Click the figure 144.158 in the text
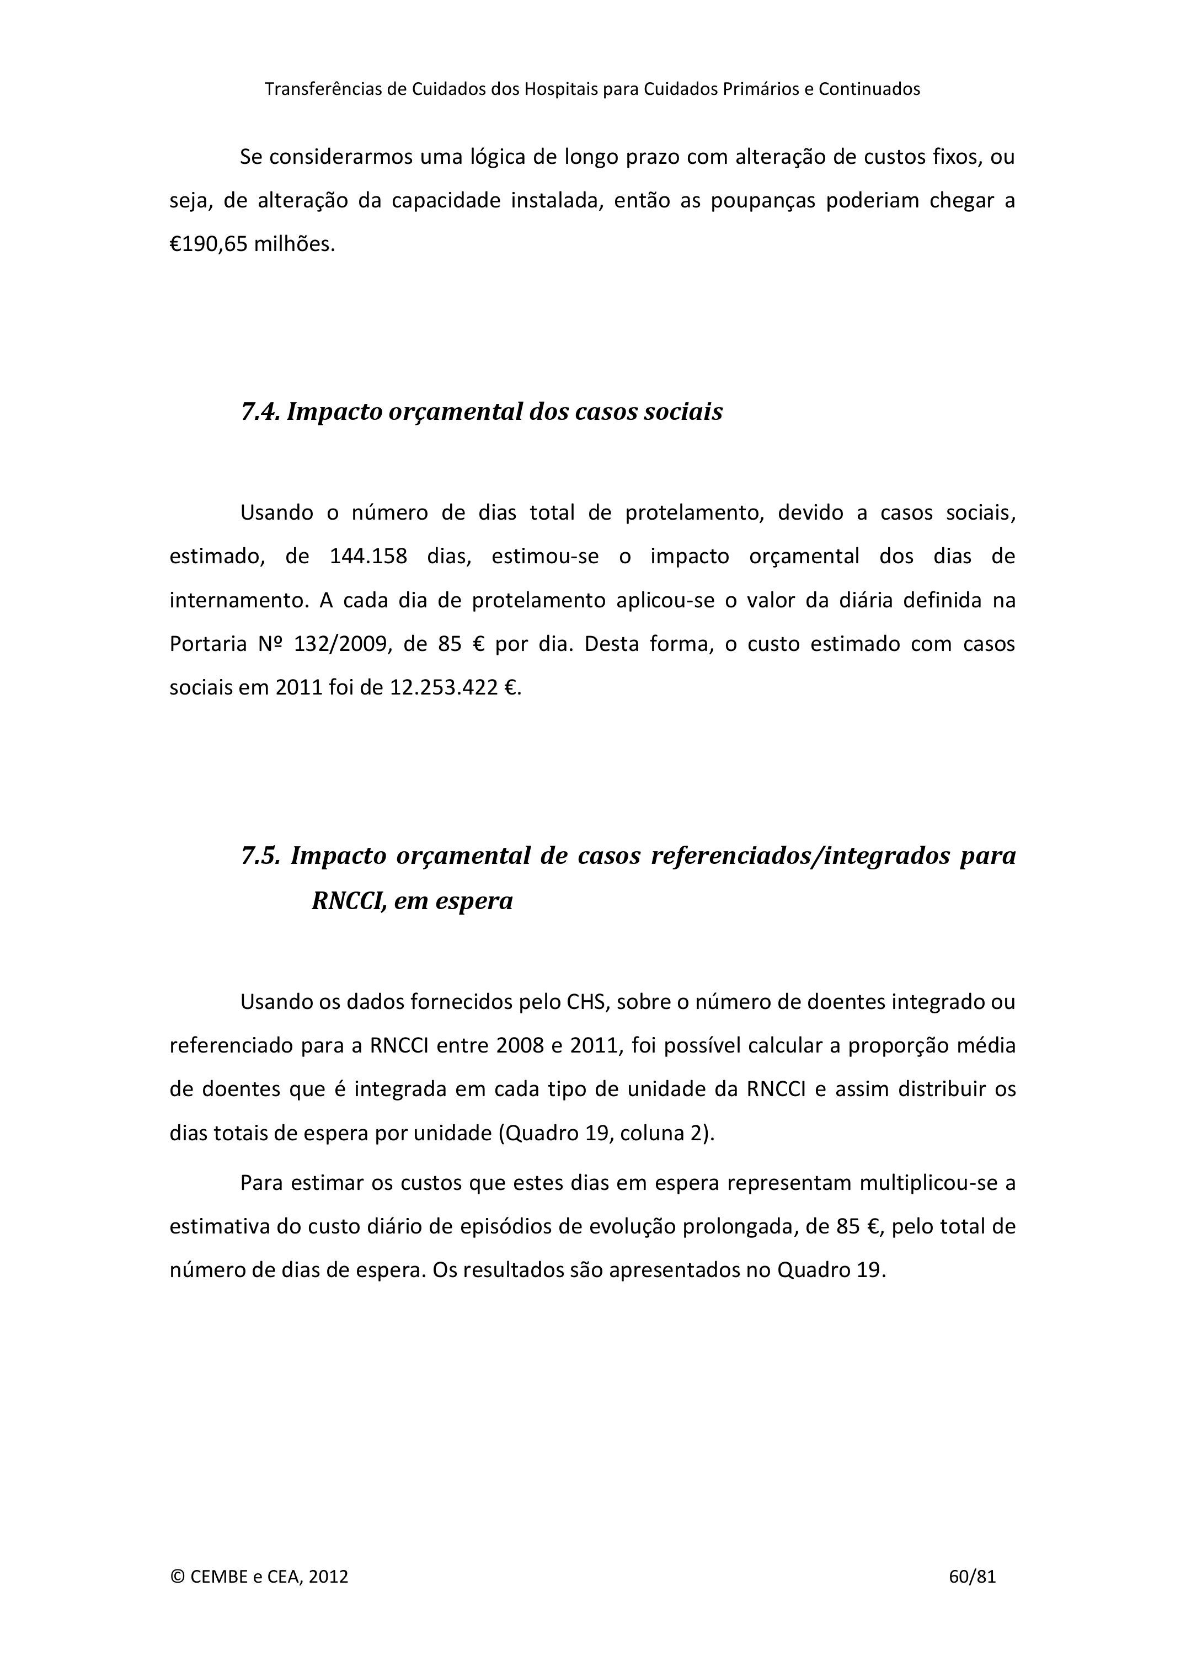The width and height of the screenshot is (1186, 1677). pyautogui.click(x=369, y=557)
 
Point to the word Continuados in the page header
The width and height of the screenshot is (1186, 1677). pyautogui.click(x=869, y=89)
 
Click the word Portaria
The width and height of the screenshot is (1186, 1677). pyautogui.click(x=208, y=644)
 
